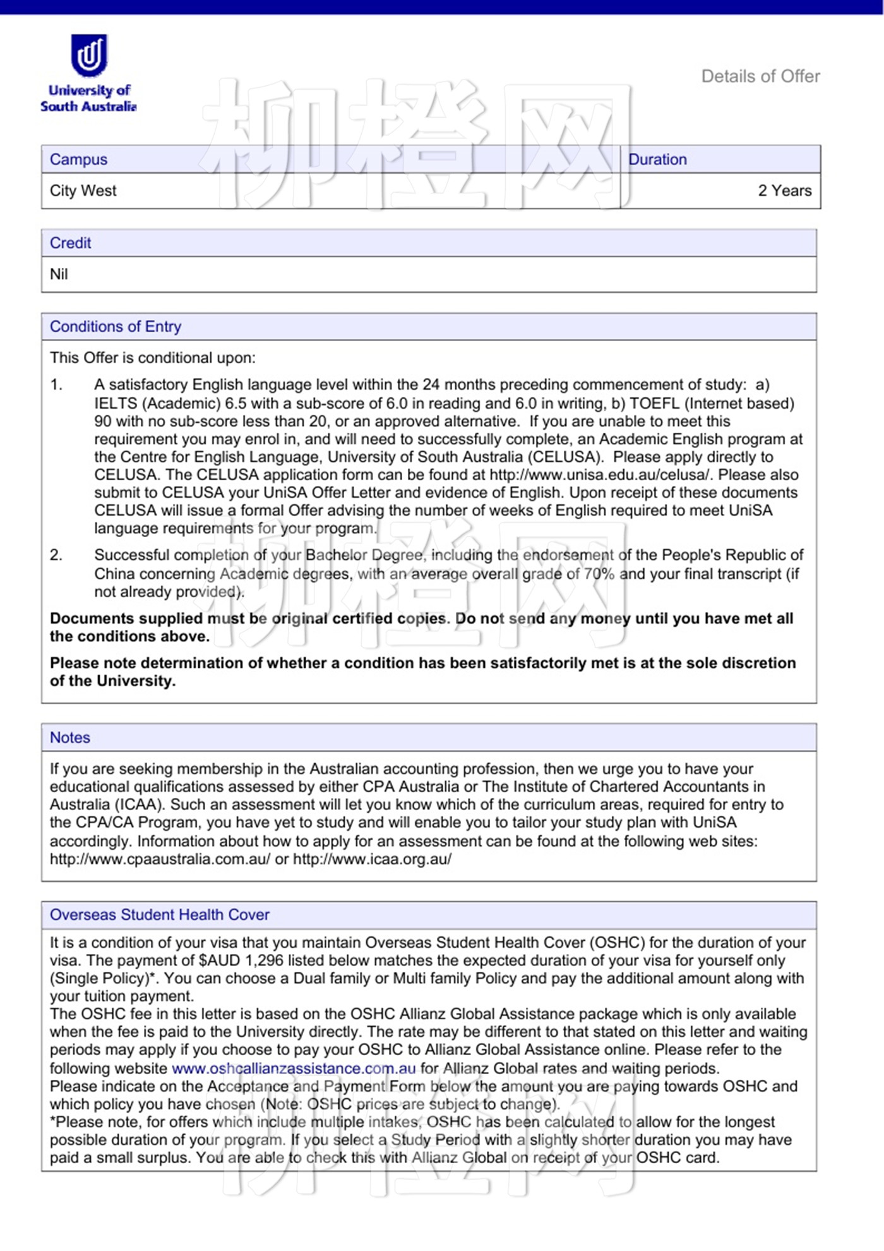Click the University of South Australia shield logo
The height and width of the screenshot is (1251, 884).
[x=89, y=55]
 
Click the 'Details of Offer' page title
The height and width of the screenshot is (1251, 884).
[x=760, y=76]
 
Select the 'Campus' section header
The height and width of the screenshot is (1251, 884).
[x=79, y=159]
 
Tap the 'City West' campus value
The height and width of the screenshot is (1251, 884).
[x=83, y=191]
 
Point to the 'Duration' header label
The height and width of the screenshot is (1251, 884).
[x=657, y=159]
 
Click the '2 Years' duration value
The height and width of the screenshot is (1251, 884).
[x=784, y=191]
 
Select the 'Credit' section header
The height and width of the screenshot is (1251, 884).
[x=71, y=243]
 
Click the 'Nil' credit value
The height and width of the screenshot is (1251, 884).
[x=59, y=274]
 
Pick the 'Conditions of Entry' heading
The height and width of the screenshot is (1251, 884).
[x=116, y=327]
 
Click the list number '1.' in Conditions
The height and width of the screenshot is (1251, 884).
[x=57, y=385]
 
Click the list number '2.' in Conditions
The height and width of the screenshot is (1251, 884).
[x=57, y=555]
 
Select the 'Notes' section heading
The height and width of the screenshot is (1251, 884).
[x=70, y=738]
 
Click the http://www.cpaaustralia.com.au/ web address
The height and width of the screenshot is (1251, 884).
[x=160, y=859]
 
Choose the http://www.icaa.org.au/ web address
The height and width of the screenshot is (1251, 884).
[x=373, y=859]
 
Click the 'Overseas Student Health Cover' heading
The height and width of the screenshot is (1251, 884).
[x=160, y=915]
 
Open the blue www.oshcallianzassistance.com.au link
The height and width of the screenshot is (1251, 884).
[x=294, y=1068]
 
